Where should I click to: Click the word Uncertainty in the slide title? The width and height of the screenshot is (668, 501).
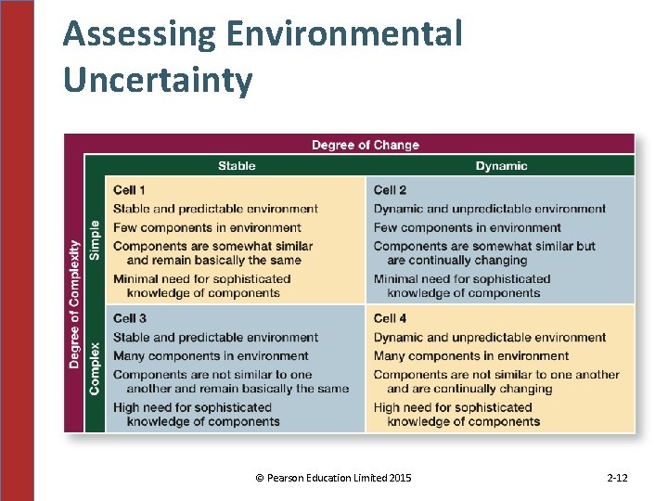(158, 80)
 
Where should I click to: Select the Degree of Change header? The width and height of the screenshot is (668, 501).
(365, 145)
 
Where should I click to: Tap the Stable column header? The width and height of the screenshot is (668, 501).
(237, 166)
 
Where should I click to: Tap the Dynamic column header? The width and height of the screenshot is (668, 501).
(501, 166)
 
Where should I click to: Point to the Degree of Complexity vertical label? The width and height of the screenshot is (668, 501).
(74, 303)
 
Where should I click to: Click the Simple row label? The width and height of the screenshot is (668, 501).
(94, 239)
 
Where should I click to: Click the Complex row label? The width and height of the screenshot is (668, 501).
(94, 368)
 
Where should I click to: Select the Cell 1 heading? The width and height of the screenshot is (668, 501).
(129, 190)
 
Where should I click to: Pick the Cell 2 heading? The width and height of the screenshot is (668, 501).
(390, 190)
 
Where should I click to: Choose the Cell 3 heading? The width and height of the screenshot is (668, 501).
(129, 318)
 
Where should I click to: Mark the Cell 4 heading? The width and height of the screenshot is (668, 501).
(390, 318)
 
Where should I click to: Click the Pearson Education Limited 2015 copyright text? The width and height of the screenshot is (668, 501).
(333, 478)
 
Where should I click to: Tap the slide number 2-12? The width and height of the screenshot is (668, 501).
(617, 478)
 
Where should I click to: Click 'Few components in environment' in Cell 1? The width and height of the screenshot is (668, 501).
(207, 227)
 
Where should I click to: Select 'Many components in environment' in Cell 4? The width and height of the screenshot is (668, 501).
(470, 355)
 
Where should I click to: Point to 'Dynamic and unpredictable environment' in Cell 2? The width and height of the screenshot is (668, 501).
(489, 209)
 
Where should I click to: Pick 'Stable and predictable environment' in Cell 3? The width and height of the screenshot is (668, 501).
(215, 337)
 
